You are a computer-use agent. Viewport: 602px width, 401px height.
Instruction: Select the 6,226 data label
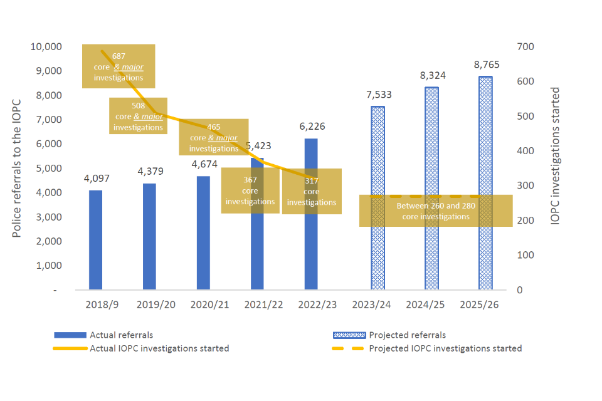(312, 127)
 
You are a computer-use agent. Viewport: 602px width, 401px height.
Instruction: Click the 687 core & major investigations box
(119, 66)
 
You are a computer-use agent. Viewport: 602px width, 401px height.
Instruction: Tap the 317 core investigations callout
(312, 191)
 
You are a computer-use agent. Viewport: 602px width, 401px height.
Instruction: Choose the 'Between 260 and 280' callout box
(436, 211)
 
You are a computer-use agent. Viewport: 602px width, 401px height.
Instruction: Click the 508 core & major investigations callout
(138, 116)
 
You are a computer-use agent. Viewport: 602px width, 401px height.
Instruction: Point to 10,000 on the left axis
(45, 46)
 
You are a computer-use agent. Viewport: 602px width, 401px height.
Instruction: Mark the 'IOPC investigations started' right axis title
(554, 156)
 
